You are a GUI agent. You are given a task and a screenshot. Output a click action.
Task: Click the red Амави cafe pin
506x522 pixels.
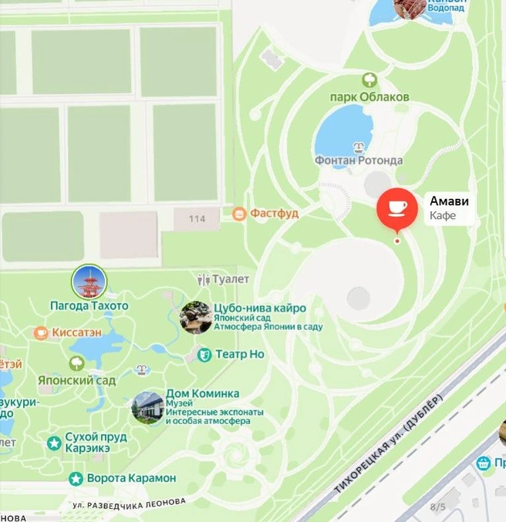pos(396,208)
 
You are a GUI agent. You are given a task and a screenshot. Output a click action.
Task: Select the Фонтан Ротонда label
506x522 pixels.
pos(358,160)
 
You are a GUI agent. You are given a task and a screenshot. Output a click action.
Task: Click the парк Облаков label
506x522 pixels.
pos(369,97)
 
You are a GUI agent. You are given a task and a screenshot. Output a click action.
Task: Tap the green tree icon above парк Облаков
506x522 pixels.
pos(369,79)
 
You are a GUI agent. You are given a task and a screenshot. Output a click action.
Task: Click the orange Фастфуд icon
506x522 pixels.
pos(239,213)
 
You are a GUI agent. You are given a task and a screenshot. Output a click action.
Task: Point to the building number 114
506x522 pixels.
pos(197,219)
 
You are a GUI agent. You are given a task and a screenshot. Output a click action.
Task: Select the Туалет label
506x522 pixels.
pos(230,279)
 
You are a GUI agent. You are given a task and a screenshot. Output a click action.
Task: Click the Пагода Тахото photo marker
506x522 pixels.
pos(89,283)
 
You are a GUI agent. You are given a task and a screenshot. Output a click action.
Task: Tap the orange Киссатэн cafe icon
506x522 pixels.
pos(41,332)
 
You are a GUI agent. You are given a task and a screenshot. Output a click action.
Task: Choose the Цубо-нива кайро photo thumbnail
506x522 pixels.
pos(196,317)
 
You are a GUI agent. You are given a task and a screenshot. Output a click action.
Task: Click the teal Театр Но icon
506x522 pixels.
pos(204,355)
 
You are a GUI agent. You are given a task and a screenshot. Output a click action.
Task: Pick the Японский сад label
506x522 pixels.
pos(76,380)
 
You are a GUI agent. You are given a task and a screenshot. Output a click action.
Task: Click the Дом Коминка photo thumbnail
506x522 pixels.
pos(147,408)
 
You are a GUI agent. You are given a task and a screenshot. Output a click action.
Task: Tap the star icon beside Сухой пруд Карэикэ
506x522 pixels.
pos(53,443)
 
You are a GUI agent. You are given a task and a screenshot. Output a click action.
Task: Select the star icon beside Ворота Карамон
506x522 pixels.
pos(76,479)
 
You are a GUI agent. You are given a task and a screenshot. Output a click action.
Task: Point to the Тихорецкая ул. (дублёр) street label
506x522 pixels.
pos(389,445)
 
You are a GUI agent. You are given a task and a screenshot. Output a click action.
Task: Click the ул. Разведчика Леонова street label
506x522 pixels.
pos(130,503)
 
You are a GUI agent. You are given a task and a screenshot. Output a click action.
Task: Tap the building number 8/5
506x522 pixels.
pos(437,507)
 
